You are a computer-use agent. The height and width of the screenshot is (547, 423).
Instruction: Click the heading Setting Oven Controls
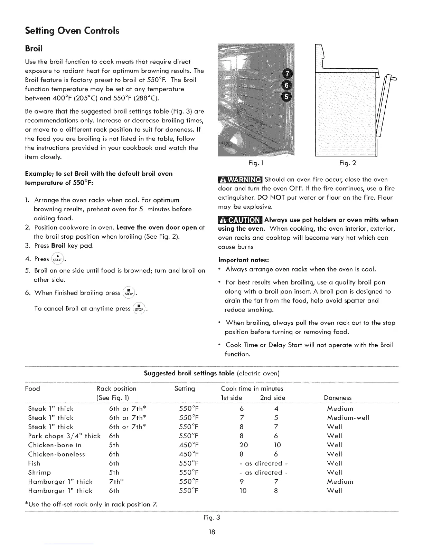(x=72, y=31)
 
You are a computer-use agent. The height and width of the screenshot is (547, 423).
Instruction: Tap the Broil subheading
(x=34, y=48)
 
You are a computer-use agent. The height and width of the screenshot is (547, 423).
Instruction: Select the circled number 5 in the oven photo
(x=288, y=97)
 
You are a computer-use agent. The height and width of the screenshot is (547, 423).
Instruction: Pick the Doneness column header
(x=338, y=398)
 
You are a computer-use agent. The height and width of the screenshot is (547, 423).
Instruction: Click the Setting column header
(x=185, y=389)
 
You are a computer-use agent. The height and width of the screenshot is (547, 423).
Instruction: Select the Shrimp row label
(x=39, y=472)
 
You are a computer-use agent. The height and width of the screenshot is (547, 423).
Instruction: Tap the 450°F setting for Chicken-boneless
(x=189, y=454)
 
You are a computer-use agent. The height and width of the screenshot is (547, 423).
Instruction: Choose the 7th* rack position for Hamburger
(x=116, y=481)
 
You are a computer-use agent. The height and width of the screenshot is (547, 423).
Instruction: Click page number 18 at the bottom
(x=212, y=532)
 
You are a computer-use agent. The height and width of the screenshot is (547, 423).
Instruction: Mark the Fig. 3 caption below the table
(x=211, y=518)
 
